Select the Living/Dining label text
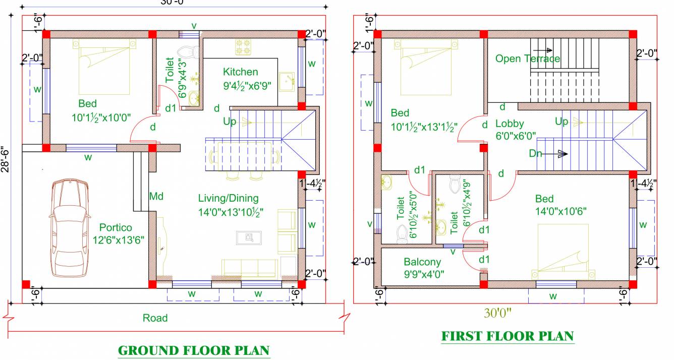click(228, 198)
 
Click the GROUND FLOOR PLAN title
click(194, 350)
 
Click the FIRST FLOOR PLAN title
click(507, 336)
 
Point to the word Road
click(155, 318)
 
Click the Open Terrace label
click(527, 58)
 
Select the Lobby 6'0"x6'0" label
click(516, 129)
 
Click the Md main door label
click(155, 196)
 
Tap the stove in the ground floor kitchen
click(243, 48)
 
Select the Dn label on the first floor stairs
click(536, 153)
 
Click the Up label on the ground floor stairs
click(230, 122)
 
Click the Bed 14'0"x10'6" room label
click(552, 205)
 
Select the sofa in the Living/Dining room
click(250, 268)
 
